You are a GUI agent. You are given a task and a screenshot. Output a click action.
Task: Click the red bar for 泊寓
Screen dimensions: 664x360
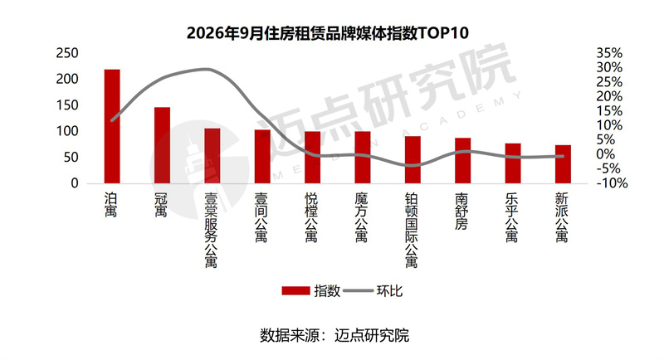[x=112, y=126]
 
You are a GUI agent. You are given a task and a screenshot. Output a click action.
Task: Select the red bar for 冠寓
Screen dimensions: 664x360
[x=162, y=145]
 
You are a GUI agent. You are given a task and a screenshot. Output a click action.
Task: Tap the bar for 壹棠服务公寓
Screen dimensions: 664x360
[x=212, y=156]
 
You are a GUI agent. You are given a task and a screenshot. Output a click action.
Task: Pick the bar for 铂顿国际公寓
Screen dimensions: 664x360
[x=413, y=160]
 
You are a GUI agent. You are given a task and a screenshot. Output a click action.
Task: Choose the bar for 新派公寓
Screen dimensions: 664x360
[x=564, y=164]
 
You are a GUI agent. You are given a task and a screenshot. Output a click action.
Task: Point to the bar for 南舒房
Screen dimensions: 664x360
[x=463, y=161]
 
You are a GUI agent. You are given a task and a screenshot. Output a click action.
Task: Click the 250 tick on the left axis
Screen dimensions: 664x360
[x=67, y=53]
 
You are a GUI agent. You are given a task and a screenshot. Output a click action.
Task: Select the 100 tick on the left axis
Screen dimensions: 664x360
[x=67, y=131]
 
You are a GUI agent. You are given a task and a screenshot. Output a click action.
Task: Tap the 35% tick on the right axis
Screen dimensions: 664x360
[x=609, y=53]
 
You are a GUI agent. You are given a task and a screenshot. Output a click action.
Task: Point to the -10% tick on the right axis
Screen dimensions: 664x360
[x=612, y=183]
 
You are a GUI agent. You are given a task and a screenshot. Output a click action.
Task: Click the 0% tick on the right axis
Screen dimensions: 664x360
[x=606, y=154]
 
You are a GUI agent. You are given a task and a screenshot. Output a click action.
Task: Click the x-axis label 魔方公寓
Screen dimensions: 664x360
[x=362, y=217]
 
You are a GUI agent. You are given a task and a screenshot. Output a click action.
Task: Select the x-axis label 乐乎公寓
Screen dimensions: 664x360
[x=512, y=217]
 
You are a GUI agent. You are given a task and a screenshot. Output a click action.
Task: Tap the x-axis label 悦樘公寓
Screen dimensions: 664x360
[x=312, y=217]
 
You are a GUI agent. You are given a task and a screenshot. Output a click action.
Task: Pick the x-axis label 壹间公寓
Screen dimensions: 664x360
[x=261, y=217]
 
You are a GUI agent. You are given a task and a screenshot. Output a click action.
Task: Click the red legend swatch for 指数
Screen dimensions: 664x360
[x=296, y=291]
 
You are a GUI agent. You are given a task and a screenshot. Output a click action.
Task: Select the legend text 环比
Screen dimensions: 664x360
[x=389, y=291]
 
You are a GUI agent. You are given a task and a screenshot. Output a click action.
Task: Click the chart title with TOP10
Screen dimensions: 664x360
[x=328, y=33]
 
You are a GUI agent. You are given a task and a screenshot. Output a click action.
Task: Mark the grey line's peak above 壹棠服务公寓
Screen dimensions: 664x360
[x=206, y=69]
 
